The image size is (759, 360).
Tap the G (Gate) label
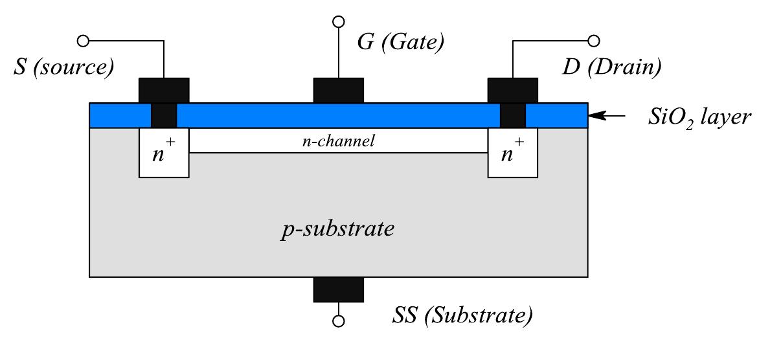coord(400,43)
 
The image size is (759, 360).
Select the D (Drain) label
coord(611,67)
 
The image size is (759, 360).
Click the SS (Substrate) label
coord(462,316)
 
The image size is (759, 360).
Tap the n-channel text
coord(339,141)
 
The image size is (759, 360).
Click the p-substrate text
coord(339,229)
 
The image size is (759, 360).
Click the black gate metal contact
coord(339,90)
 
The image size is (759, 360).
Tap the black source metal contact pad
coord(164,90)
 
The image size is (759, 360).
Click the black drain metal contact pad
coord(512,90)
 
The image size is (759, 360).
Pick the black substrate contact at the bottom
coord(339,289)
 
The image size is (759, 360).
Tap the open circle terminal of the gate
coord(339,22)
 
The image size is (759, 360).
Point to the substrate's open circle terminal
coord(339,321)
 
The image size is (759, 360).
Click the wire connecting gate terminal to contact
coord(339,52)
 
